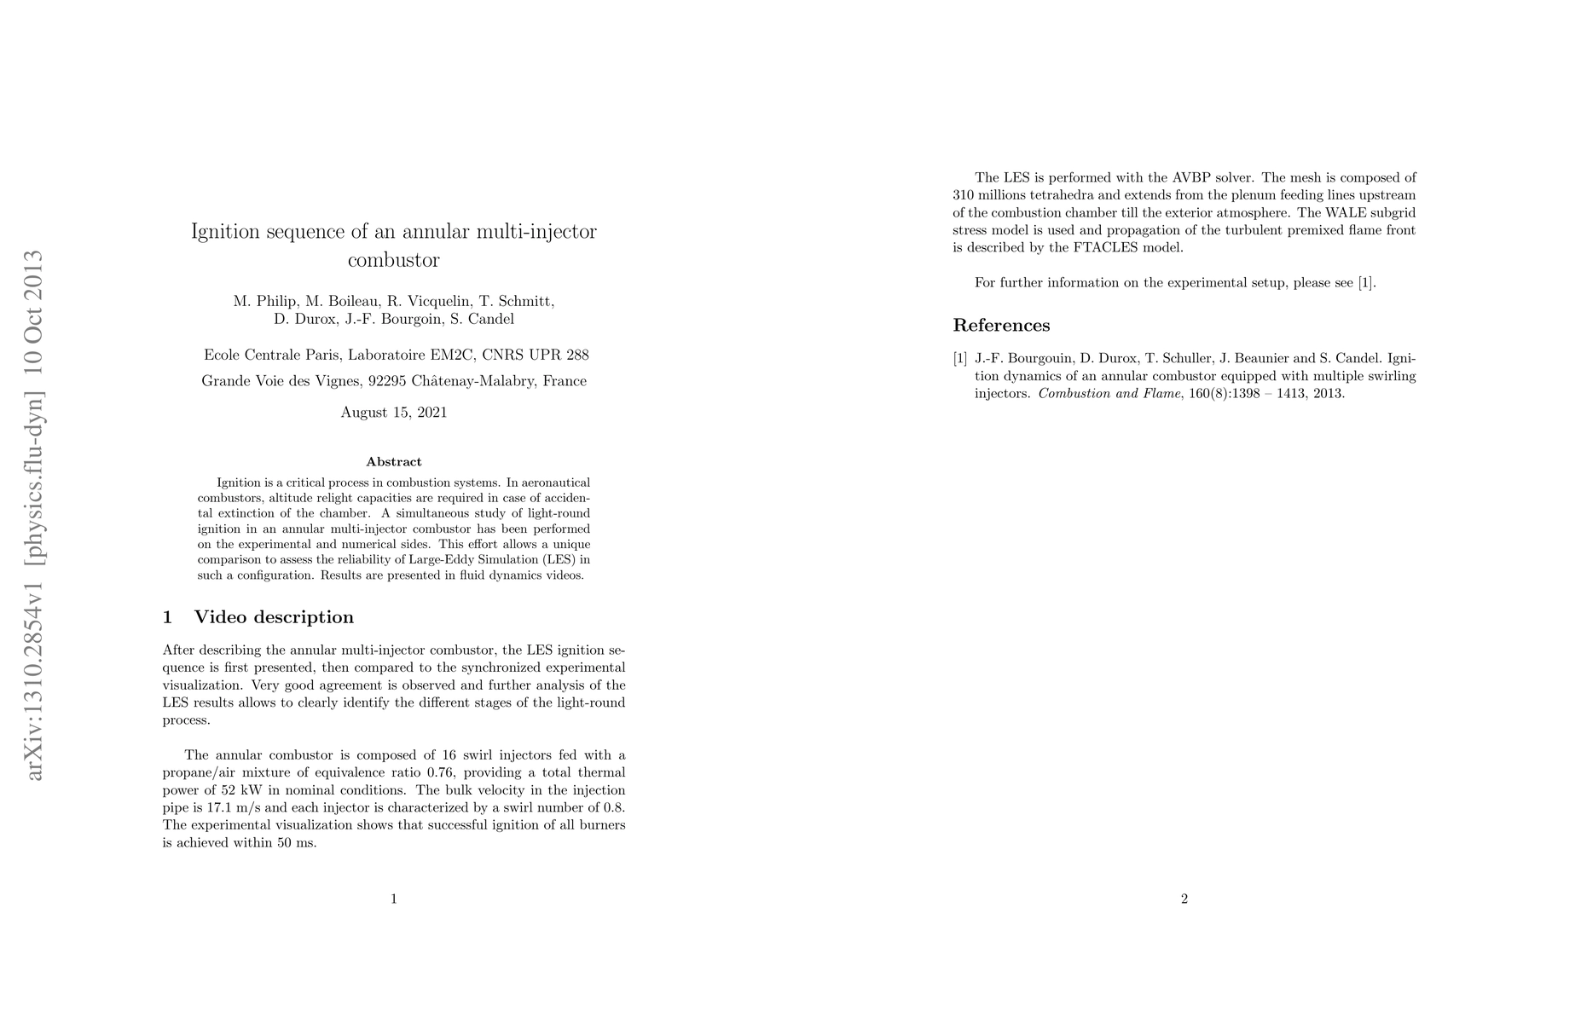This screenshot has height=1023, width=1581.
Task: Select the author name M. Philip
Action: pyautogui.click(x=265, y=301)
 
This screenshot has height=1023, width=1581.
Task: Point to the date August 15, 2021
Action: pyautogui.click(x=394, y=413)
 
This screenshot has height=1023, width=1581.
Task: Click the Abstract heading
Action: pyautogui.click(x=394, y=462)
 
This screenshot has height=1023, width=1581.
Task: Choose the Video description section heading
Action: pyautogui.click(x=274, y=617)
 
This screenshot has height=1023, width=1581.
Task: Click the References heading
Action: pyautogui.click(x=1001, y=326)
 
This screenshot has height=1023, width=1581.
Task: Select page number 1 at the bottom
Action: pyautogui.click(x=394, y=899)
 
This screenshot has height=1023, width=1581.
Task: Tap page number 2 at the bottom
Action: pyautogui.click(x=1184, y=899)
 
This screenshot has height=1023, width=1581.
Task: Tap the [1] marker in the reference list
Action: pyautogui.click(x=960, y=359)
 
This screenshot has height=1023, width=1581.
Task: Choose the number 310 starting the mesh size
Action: pyautogui.click(x=964, y=195)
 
